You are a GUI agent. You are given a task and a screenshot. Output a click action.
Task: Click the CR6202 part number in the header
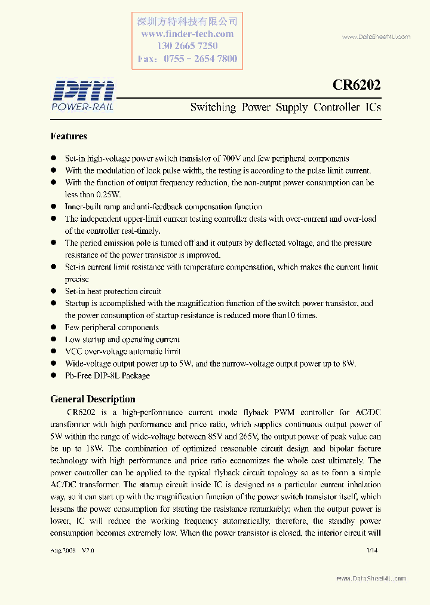tap(357, 85)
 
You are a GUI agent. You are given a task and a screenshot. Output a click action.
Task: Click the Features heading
tap(69, 136)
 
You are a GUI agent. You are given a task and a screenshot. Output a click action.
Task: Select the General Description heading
tap(93, 399)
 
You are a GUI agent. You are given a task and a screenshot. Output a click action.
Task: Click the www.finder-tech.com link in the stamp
tap(187, 34)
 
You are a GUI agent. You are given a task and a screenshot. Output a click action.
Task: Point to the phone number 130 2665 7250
tap(187, 46)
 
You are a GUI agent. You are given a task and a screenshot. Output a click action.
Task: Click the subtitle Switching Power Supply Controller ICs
tap(285, 108)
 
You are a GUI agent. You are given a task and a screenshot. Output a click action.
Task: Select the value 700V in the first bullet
tap(231, 158)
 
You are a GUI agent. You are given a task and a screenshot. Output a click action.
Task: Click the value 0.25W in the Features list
tap(108, 195)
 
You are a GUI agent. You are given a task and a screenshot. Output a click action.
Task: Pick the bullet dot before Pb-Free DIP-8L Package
tap(53, 376)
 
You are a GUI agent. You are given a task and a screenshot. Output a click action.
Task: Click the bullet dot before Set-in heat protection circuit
tap(53, 292)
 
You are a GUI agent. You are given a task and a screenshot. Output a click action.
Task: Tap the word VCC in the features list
tap(73, 352)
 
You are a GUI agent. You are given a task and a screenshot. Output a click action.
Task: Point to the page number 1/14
tap(371, 549)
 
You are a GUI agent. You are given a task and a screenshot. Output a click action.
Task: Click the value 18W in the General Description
tap(97, 448)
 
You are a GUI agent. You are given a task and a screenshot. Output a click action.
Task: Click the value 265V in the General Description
tap(267, 436)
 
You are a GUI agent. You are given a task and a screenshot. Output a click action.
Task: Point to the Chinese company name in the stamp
tap(187, 22)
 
